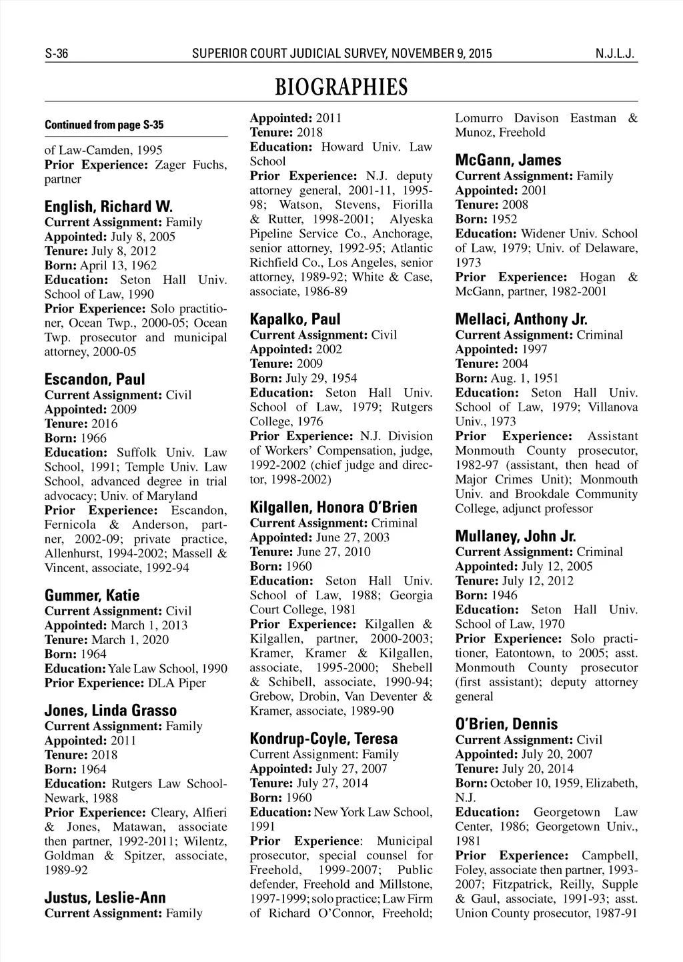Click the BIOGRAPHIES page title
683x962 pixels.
tap(341, 87)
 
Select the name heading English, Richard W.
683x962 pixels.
tap(108, 206)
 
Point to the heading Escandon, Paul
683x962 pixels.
tap(94, 379)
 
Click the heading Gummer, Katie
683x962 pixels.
tap(92, 595)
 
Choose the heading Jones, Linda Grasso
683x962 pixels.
tap(111, 710)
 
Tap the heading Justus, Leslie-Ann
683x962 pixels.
tap(105, 897)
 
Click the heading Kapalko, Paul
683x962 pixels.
tap(295, 319)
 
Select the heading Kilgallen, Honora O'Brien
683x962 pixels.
tap(333, 507)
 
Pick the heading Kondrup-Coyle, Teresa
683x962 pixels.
tap(323, 739)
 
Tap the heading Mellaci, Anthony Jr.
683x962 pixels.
tap(521, 319)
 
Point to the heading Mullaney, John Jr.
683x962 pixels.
tap(516, 536)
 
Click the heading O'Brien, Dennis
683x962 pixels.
tap(506, 724)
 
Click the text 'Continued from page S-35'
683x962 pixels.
tap(104, 125)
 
